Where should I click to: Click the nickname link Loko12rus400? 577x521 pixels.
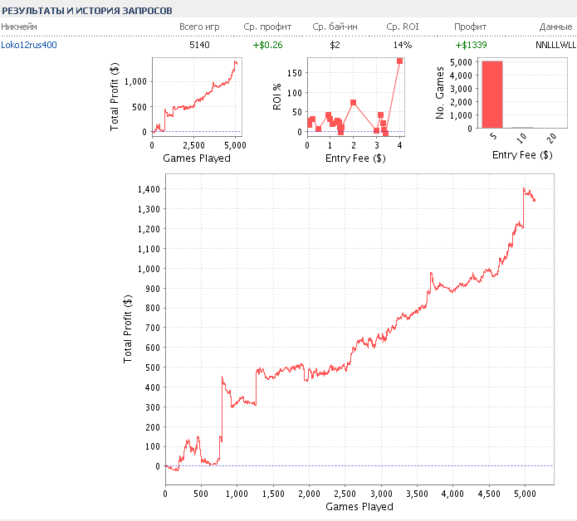(x=30, y=44)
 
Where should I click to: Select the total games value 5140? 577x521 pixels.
(x=200, y=44)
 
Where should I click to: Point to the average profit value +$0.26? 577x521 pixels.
(x=267, y=44)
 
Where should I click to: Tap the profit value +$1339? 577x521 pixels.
(x=471, y=44)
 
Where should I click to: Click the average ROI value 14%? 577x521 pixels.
(x=403, y=44)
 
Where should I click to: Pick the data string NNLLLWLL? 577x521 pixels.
(x=555, y=44)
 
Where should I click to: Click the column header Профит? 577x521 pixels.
(x=471, y=27)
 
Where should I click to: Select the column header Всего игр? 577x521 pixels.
(x=200, y=27)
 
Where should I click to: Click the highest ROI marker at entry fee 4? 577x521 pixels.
(x=399, y=61)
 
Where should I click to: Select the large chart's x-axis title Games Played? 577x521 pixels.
(x=359, y=506)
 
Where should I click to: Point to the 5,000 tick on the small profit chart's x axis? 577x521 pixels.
(x=235, y=145)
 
